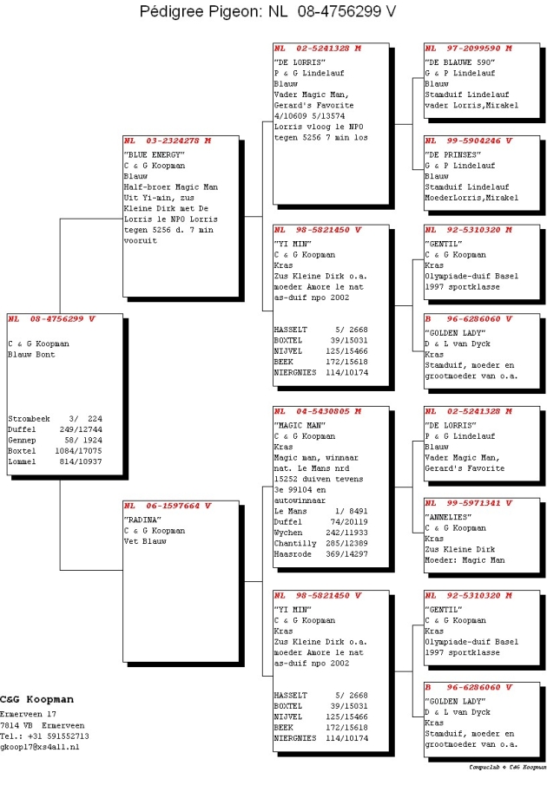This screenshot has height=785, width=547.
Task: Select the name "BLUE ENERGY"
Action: coord(155,154)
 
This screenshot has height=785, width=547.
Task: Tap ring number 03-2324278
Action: coord(172,141)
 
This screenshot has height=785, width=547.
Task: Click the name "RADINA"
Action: coord(142,520)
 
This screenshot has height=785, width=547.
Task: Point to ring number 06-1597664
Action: coord(172,506)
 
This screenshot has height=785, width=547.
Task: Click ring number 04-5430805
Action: coord(323,411)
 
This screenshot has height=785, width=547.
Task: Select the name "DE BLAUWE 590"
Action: coord(460,62)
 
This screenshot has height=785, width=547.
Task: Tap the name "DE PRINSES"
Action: coord(453,154)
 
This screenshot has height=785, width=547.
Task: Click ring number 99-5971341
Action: coord(473,502)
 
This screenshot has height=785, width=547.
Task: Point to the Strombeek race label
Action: coord(29,419)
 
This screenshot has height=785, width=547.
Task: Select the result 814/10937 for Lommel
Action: coord(81,461)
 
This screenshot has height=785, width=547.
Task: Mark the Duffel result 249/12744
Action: coord(81,429)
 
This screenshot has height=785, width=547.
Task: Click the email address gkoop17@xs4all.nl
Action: coord(40,747)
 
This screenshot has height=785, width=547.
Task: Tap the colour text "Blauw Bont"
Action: coord(31,355)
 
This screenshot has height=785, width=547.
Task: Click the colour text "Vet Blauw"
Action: coord(145,541)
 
